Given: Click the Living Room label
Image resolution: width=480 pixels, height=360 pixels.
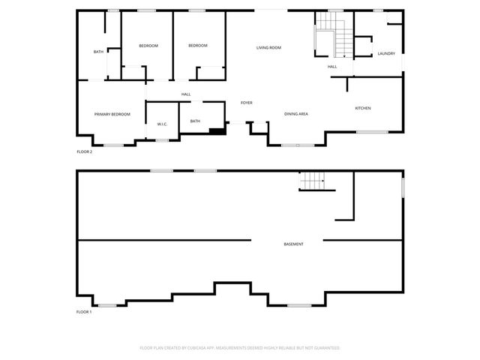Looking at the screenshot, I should (x=268, y=48).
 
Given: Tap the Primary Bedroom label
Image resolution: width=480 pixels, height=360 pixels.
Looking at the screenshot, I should (x=112, y=114).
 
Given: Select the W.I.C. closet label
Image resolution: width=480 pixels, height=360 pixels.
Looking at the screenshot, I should (x=162, y=124).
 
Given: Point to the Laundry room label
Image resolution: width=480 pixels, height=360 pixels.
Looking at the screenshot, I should (x=386, y=53).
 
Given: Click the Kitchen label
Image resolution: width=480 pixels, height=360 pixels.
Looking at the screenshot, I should (x=363, y=109).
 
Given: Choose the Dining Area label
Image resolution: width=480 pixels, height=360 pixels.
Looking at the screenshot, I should (x=296, y=114).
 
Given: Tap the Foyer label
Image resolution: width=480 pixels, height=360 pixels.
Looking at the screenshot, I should (x=246, y=103).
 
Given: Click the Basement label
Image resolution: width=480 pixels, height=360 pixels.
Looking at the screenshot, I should (x=294, y=244).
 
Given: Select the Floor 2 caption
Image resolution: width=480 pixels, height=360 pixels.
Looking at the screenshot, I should (x=84, y=151).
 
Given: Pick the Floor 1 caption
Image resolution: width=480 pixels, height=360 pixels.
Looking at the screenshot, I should (x=84, y=311).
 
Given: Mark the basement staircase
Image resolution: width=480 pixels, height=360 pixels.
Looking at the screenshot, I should (x=312, y=181).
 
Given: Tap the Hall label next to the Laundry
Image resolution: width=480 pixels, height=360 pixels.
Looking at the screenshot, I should (x=332, y=67).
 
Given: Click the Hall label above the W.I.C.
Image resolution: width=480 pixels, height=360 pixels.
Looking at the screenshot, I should (x=186, y=94).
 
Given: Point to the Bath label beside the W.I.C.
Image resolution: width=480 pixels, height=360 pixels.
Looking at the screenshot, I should (x=195, y=121).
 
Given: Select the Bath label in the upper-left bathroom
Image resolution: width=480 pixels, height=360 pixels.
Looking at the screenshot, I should (x=98, y=52).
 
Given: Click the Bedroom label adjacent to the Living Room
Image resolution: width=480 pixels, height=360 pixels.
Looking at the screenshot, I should (x=198, y=46).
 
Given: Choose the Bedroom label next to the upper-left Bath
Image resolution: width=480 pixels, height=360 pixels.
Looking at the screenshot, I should (x=148, y=46).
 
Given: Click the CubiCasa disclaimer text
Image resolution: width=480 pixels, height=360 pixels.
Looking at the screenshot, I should (x=240, y=348).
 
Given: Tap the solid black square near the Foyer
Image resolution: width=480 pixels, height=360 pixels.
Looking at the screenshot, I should (x=217, y=132).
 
